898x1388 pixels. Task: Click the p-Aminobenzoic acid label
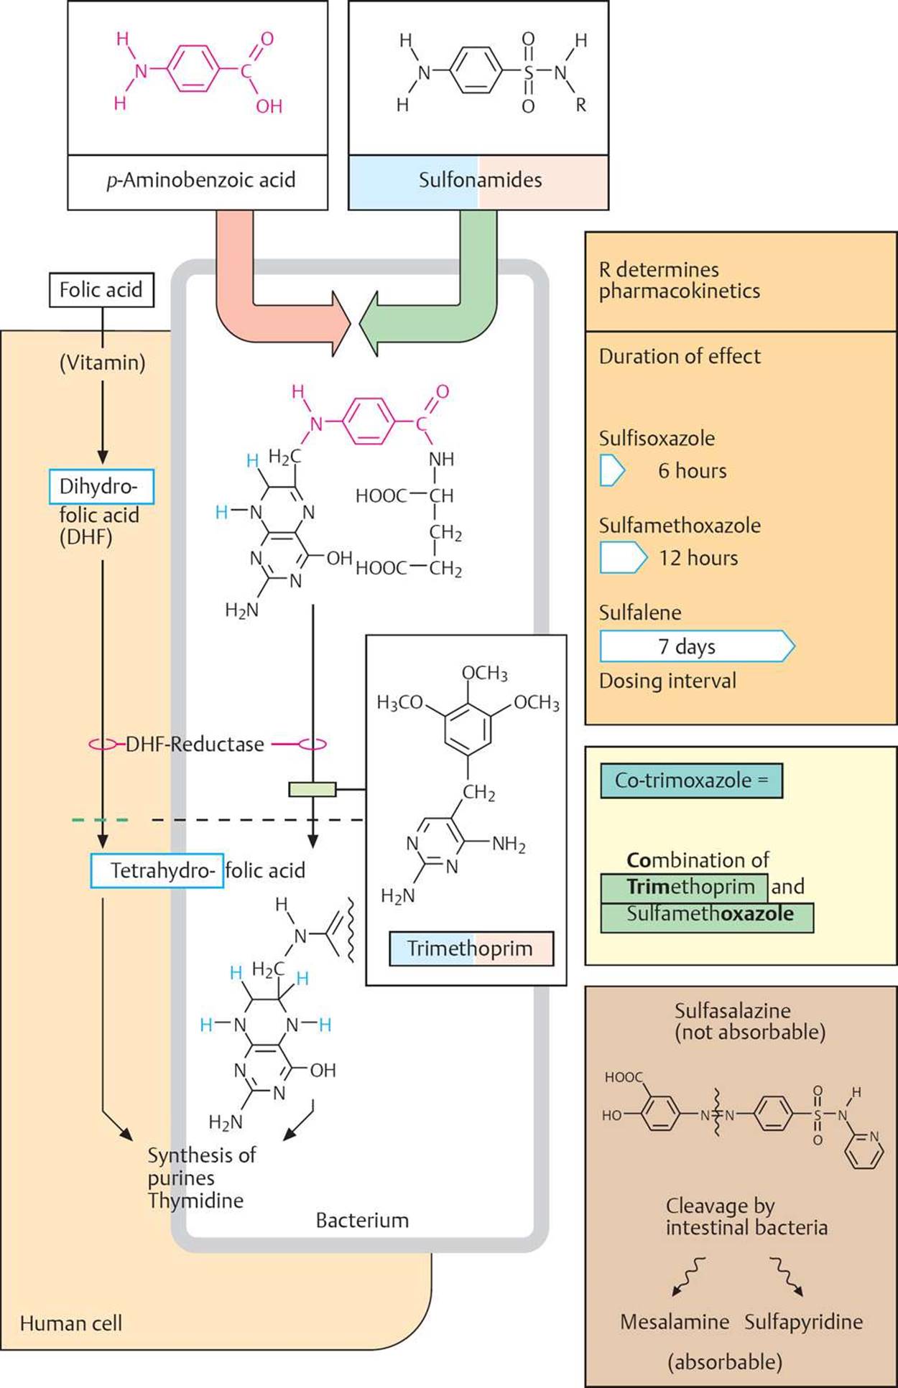(x=198, y=180)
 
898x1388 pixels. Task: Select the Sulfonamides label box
(x=478, y=180)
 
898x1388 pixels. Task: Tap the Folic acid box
(x=101, y=290)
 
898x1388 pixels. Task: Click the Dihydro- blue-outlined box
(x=101, y=487)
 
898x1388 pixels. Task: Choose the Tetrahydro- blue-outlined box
(x=157, y=871)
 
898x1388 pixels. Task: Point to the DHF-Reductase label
(x=195, y=744)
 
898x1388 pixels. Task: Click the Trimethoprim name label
(x=471, y=949)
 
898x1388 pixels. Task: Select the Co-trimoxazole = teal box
(x=691, y=781)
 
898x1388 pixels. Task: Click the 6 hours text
(x=693, y=471)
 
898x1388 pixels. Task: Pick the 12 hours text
(x=698, y=558)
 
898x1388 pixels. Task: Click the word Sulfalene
(x=640, y=613)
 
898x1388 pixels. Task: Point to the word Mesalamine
(x=675, y=1322)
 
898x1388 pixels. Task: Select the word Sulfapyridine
(x=803, y=1322)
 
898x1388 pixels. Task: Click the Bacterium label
(x=362, y=1220)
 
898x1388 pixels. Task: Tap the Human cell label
(x=71, y=1323)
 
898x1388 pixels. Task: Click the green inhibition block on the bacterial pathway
(x=312, y=790)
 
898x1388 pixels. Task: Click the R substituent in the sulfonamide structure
(x=580, y=105)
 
